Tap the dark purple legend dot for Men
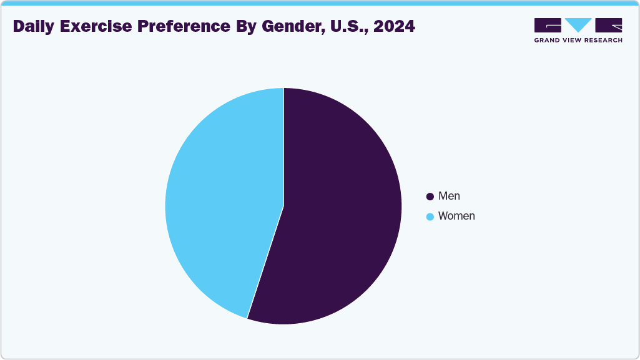point(430,197)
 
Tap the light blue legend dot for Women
point(430,216)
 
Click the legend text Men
point(449,196)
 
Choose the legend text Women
point(456,216)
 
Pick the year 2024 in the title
point(394,27)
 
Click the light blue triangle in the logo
point(578,24)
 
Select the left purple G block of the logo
point(548,25)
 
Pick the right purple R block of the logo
point(609,25)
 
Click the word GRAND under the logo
point(548,40)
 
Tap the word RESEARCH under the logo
point(604,40)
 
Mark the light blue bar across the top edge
point(320,2)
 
